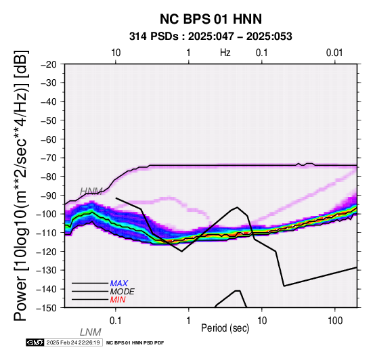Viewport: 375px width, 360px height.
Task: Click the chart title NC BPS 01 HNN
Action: [211, 19]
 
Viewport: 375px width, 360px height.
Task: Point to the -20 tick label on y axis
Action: [49, 64]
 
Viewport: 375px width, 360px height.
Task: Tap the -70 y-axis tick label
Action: [49, 158]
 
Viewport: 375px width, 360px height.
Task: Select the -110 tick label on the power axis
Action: [46, 232]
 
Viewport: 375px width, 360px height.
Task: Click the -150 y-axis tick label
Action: [46, 308]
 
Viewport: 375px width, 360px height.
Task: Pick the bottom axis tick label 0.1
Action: [115, 321]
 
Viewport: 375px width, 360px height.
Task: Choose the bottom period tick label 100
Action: [335, 321]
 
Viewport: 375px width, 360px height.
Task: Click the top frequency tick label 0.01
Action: [334, 53]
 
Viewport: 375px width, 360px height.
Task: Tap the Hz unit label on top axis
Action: [225, 53]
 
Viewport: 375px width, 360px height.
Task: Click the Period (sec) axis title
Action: [225, 328]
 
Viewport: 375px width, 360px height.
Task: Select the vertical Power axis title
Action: [21, 185]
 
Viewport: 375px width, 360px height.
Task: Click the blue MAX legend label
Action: [119, 284]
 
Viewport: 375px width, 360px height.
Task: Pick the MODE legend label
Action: [123, 292]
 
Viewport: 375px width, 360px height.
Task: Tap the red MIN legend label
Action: [118, 300]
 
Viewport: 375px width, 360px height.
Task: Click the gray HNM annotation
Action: [91, 192]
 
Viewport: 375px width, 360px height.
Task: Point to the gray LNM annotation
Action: [90, 332]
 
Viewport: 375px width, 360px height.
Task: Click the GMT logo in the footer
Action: [35, 342]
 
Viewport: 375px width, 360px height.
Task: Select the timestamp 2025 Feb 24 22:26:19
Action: [73, 342]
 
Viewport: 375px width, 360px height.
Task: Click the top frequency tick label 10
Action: [116, 53]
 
